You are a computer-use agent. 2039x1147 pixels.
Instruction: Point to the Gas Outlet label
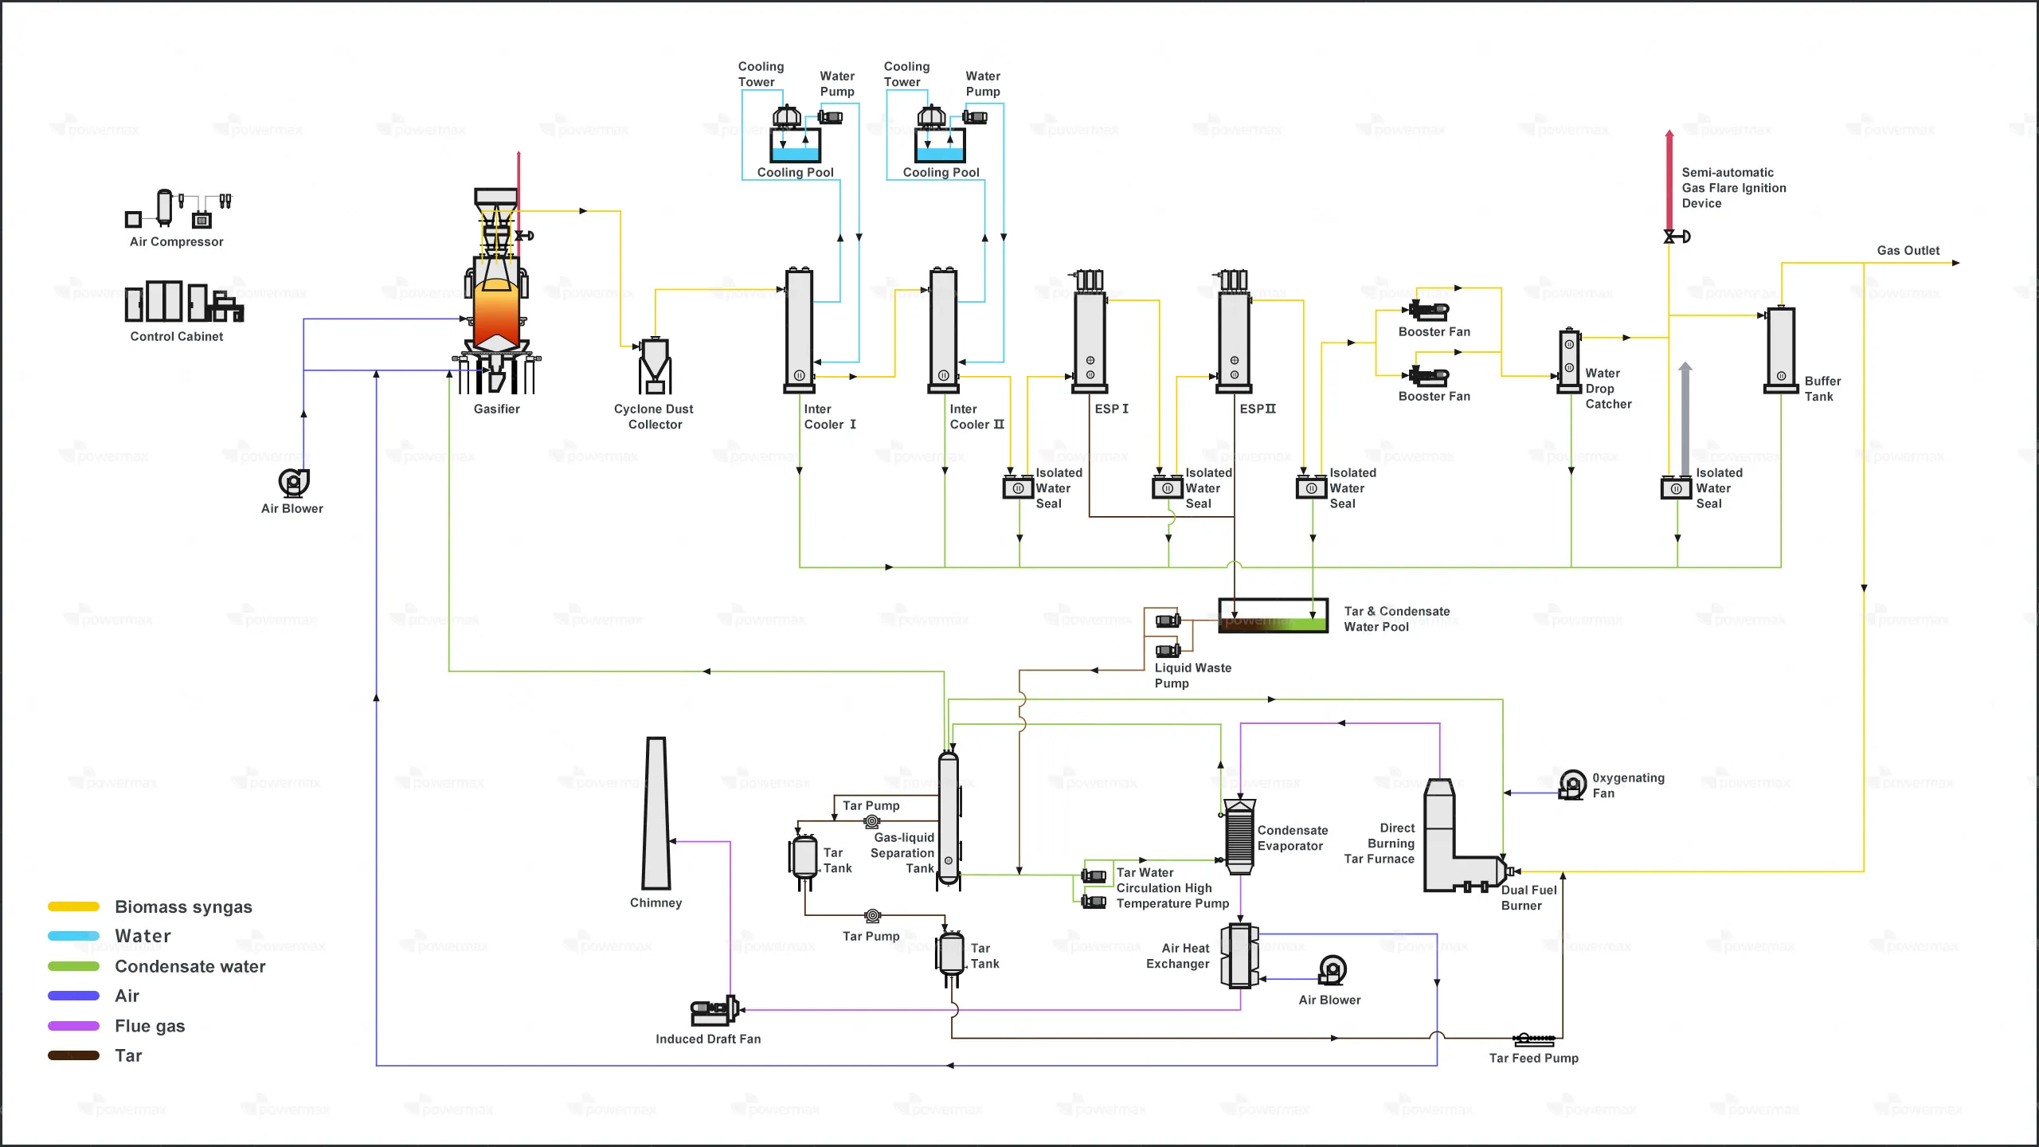point(1908,251)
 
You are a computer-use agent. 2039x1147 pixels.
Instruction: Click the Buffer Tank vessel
point(1781,350)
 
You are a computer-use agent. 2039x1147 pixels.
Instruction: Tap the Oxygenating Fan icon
point(1572,785)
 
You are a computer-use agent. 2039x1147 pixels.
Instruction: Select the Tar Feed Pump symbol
point(1534,1039)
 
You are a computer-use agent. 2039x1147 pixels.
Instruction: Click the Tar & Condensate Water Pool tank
point(1273,616)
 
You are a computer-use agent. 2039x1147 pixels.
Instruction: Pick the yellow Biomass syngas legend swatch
point(73,906)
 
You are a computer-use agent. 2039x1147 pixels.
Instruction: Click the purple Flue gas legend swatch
point(73,1026)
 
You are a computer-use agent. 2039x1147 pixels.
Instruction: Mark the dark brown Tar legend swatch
point(73,1055)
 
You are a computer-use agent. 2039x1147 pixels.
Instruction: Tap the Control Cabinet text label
point(177,337)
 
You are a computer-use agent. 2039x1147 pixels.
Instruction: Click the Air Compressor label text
point(177,242)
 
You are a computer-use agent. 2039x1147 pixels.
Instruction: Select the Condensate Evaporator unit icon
point(1239,836)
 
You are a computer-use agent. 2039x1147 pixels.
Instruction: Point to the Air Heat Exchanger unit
point(1239,956)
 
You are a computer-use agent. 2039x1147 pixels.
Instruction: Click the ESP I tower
point(1090,339)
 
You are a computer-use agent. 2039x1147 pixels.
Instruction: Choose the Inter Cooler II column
point(944,331)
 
